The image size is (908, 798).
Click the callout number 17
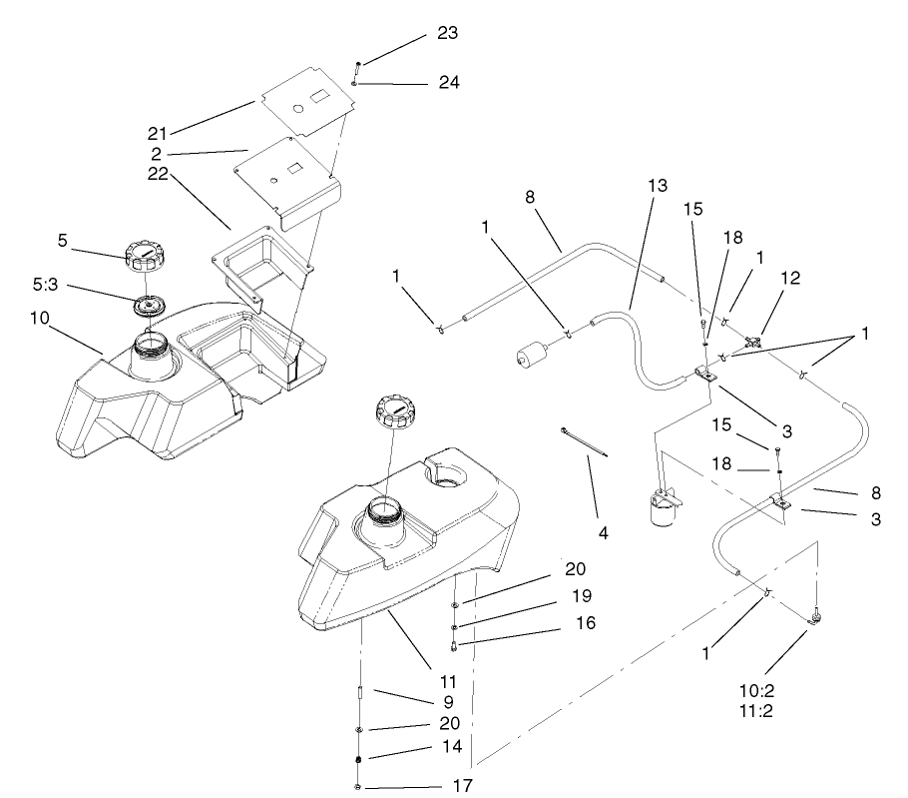point(461,784)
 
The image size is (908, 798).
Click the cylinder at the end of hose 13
point(532,355)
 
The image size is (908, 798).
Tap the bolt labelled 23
point(356,70)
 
